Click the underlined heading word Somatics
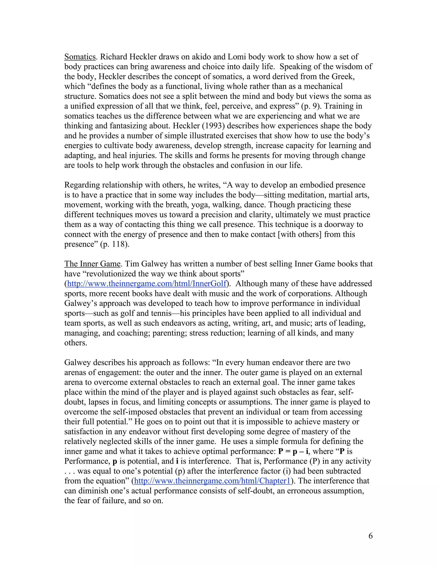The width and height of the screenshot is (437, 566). coord(80,57)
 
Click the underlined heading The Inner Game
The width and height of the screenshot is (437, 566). coord(92,264)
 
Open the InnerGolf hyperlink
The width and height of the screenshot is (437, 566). coord(147,283)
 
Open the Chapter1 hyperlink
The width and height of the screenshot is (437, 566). coord(213,481)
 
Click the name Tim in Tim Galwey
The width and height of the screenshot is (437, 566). coord(131,264)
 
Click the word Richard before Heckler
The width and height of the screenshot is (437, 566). coord(114,57)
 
